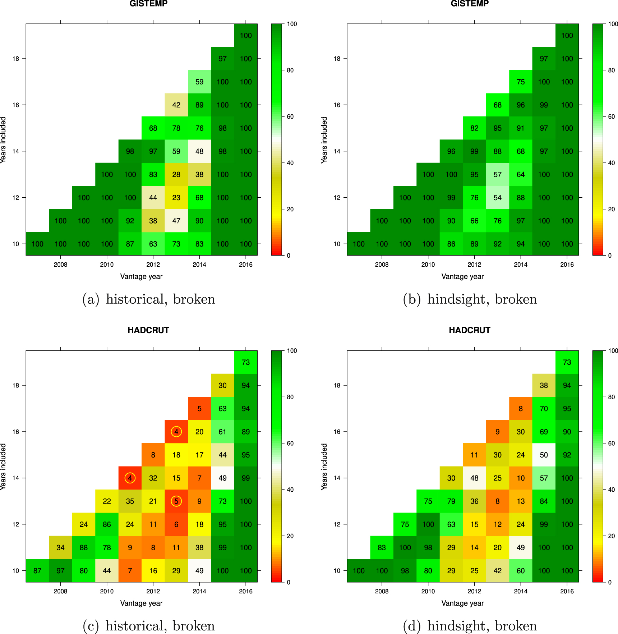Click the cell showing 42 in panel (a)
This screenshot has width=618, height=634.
(x=176, y=105)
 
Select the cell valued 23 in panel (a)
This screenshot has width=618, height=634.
(x=176, y=197)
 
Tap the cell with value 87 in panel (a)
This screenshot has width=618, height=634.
(x=130, y=244)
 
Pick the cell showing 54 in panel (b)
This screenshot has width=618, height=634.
(x=497, y=197)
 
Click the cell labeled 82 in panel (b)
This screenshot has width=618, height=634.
(x=474, y=128)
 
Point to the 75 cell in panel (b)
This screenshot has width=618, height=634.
(x=521, y=82)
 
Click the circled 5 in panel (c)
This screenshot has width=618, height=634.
(x=176, y=501)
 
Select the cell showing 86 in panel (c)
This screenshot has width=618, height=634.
(x=107, y=524)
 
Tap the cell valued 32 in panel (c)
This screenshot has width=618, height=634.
(x=153, y=478)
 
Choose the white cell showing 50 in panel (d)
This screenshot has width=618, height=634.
(x=544, y=455)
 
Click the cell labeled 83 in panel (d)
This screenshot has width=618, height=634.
(x=382, y=547)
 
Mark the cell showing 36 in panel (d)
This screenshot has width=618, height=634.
(x=474, y=501)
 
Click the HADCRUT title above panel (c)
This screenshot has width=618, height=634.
(x=148, y=330)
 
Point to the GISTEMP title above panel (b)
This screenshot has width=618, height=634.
(x=470, y=4)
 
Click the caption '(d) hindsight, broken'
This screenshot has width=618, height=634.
(x=470, y=626)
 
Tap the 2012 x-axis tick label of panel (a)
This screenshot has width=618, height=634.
(x=153, y=265)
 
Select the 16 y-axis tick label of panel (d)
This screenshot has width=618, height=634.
(x=337, y=432)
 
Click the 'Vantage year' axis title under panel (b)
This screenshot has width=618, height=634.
(x=462, y=276)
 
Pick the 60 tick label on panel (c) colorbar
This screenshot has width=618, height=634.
(x=290, y=443)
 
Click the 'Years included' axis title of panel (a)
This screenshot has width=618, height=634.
(x=3, y=139)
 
